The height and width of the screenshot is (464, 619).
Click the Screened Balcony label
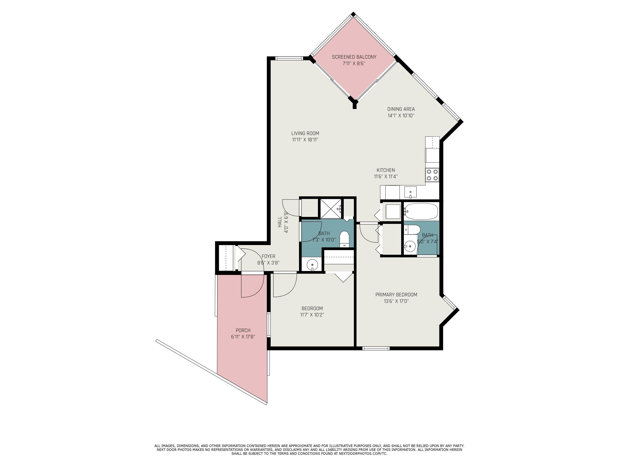click(354, 57)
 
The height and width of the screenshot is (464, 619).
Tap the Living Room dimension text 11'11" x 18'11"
click(305, 140)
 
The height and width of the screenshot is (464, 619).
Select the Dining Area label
click(401, 109)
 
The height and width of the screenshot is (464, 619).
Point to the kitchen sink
click(410, 192)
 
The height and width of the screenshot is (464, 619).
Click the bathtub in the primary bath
click(421, 211)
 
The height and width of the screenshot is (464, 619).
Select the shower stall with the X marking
click(331, 209)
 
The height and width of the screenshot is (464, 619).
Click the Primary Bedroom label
click(396, 294)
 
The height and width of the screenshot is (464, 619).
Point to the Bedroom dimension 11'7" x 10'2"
click(312, 315)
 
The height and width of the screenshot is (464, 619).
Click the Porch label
click(243, 330)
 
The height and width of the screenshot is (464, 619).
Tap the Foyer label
click(268, 256)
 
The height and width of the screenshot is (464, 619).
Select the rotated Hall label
click(279, 222)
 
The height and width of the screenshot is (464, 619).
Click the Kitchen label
click(386, 170)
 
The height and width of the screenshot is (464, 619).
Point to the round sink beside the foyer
click(312, 264)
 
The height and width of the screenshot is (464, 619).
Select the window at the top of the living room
click(289, 58)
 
